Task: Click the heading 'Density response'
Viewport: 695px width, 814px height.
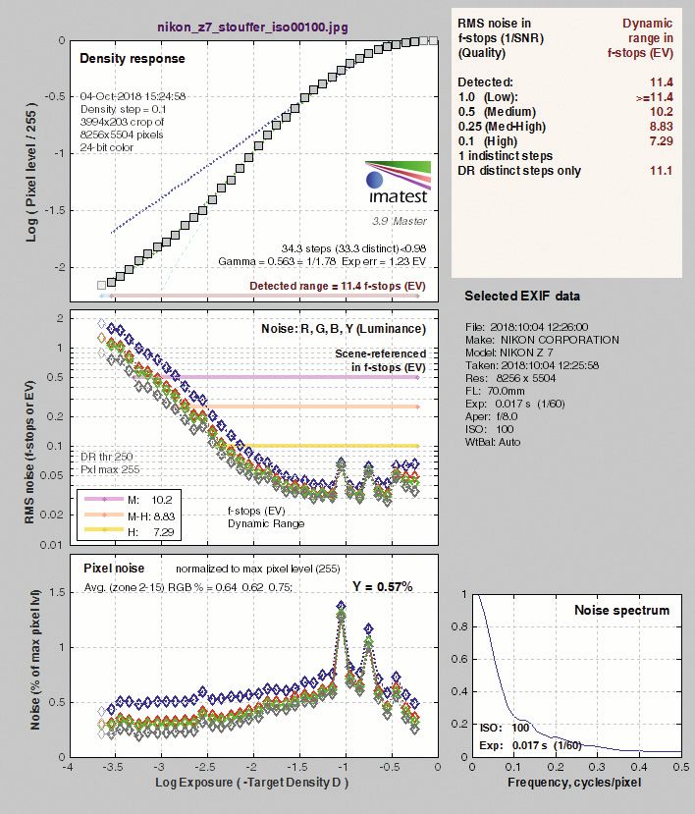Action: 132,59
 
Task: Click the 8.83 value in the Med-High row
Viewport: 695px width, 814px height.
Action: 661,127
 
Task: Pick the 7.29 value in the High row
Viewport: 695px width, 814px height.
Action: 661,141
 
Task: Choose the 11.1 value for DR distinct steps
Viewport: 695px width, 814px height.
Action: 661,171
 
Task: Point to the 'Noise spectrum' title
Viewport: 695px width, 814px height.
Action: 622,611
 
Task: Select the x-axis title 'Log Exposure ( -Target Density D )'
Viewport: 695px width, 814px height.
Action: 251,786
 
